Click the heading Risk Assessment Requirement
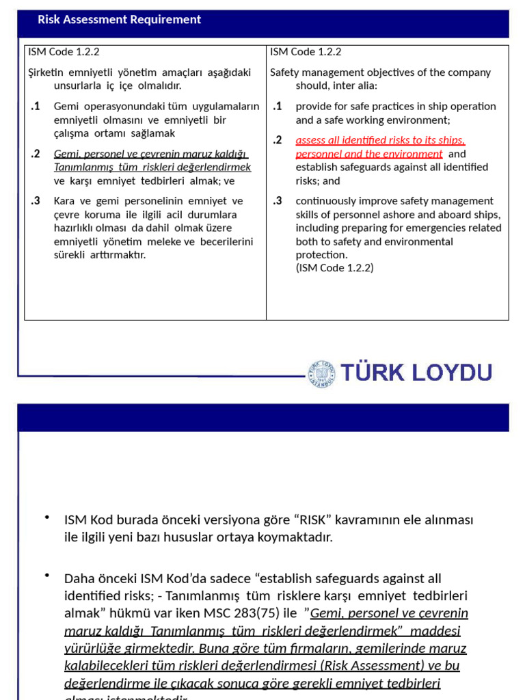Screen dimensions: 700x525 tap(119, 20)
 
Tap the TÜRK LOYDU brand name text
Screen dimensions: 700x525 tap(416, 373)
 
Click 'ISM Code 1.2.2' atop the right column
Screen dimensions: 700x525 tap(306, 52)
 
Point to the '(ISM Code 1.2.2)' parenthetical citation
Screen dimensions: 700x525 tap(334, 268)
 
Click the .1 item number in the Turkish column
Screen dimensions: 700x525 tap(36, 106)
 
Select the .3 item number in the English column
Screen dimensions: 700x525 tap(277, 201)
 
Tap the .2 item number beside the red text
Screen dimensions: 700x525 tap(277, 140)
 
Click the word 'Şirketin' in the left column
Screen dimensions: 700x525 tap(45, 72)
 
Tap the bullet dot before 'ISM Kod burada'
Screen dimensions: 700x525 tap(46, 517)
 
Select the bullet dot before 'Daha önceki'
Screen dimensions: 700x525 tap(46, 576)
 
